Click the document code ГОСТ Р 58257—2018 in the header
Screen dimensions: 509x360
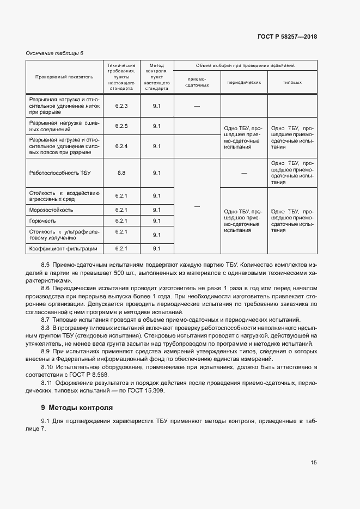point(287,36)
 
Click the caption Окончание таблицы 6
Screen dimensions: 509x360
point(55,53)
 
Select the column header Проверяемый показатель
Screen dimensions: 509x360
point(64,77)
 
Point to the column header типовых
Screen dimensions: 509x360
point(292,83)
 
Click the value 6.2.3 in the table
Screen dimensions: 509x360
point(121,106)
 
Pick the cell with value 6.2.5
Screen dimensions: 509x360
point(121,126)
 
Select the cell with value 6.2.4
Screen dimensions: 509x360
point(121,146)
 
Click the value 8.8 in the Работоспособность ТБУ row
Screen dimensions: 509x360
point(121,173)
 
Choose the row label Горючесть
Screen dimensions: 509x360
point(43,220)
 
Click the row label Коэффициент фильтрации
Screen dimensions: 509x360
point(63,248)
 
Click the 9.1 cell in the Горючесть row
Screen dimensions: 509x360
point(157,220)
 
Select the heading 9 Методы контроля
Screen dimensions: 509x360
point(77,407)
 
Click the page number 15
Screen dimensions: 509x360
point(314,462)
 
